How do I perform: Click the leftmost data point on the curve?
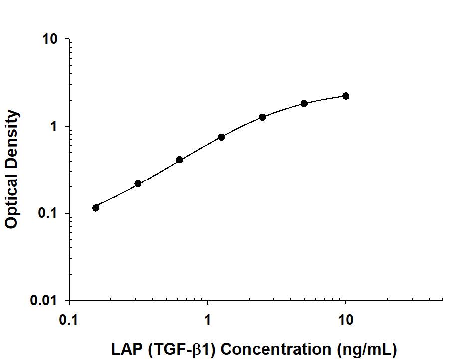click(x=96, y=208)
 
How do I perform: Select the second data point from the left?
click(x=138, y=184)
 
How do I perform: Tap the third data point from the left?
click(x=179, y=160)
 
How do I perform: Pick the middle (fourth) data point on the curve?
click(x=221, y=137)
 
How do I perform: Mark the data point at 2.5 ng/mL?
click(x=262, y=117)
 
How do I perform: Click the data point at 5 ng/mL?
click(x=304, y=103)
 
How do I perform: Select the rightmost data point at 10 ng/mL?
click(x=346, y=96)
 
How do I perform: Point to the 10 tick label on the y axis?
click(x=50, y=40)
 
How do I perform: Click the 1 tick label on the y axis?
click(x=55, y=127)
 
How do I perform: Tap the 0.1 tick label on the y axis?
click(x=49, y=214)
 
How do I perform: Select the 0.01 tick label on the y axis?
click(x=45, y=301)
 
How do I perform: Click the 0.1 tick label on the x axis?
click(x=69, y=320)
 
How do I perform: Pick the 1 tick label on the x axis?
click(x=207, y=320)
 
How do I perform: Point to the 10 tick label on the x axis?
click(x=345, y=320)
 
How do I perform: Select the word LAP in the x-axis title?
click(x=125, y=348)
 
